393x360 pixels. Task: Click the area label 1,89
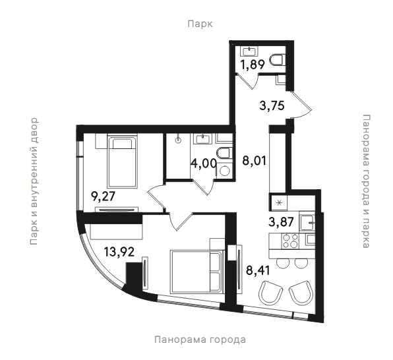point(253,65)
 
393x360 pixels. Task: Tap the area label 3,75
point(272,105)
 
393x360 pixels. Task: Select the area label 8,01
point(254,160)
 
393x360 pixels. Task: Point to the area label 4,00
point(204,164)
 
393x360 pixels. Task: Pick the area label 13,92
point(119,252)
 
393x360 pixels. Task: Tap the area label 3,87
point(281,222)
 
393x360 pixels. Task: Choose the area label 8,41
point(258,270)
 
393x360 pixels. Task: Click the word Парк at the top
point(200,24)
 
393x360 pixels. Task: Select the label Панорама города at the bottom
point(200,340)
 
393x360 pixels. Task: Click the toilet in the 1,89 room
point(277,60)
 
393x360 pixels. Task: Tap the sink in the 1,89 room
point(249,51)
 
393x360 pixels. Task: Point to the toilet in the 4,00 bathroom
point(224,153)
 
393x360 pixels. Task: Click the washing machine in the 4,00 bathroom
point(224,171)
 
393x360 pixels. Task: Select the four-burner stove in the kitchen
point(290,241)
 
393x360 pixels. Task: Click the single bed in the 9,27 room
point(122,162)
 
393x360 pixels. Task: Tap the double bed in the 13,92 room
point(196,271)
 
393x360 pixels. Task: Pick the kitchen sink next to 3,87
point(307,222)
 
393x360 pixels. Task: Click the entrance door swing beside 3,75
point(302,105)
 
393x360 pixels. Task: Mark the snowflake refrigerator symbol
point(279,202)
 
